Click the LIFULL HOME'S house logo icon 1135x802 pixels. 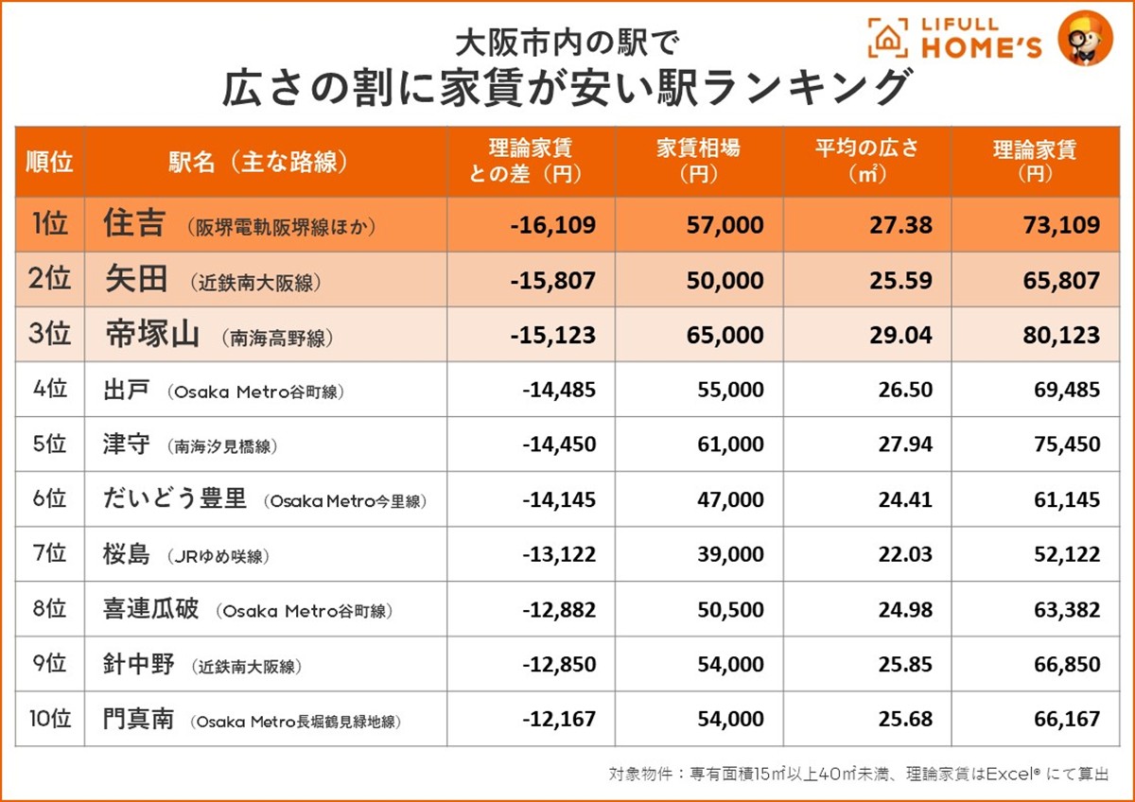coord(886,37)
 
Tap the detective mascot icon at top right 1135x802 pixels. coord(1084,37)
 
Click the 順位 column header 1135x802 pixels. coord(49,162)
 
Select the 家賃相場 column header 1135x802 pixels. coord(699,162)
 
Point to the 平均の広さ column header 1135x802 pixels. coord(866,162)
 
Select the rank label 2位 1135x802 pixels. coord(49,280)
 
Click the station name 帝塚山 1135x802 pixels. coord(151,335)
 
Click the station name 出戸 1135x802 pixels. coord(126,390)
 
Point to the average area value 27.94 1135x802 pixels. coord(905,445)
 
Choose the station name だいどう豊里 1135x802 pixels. coord(175,499)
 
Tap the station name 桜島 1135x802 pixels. coord(126,555)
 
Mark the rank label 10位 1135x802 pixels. coord(49,720)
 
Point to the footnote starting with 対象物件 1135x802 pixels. coord(858,774)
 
